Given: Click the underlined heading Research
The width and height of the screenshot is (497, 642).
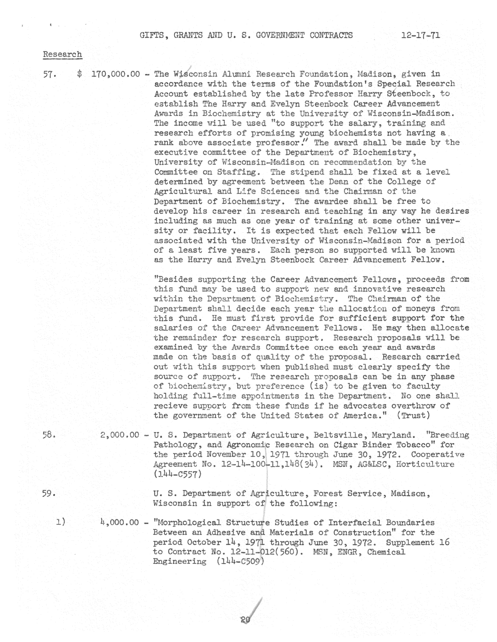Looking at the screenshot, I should (x=62, y=55).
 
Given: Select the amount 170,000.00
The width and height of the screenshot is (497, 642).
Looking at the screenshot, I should (x=116, y=74).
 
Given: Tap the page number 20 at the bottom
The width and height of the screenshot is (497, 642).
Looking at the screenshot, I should (x=245, y=620).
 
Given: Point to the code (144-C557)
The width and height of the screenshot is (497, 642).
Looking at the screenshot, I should (x=177, y=474).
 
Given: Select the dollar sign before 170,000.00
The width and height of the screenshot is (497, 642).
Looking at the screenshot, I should (x=79, y=74).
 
